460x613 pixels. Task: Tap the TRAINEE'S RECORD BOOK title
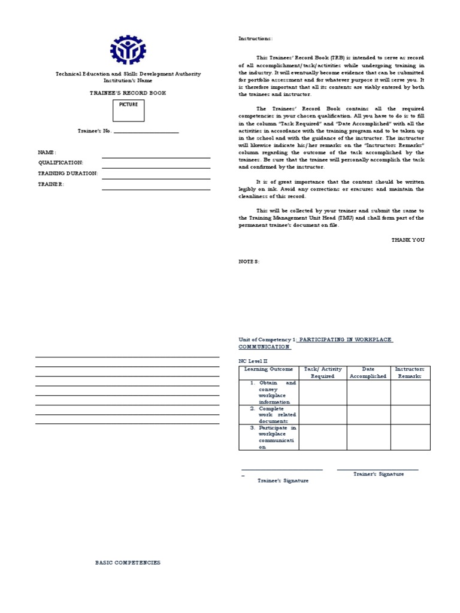point(128,93)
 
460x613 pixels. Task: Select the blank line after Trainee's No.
point(146,131)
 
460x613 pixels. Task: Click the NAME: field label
point(47,153)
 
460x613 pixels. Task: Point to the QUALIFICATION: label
point(60,163)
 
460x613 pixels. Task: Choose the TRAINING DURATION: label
point(68,173)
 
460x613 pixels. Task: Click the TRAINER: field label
point(51,184)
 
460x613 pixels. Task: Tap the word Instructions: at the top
point(255,38)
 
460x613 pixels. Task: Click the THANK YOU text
point(408,239)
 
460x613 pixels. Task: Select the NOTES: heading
point(249,262)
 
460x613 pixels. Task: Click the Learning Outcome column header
point(268,369)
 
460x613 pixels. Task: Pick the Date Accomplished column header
point(368,372)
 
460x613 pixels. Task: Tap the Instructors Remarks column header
point(410,372)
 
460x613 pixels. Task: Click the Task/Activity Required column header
point(322,372)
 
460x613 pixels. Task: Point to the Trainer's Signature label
point(378,474)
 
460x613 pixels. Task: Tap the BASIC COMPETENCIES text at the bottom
point(128,563)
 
